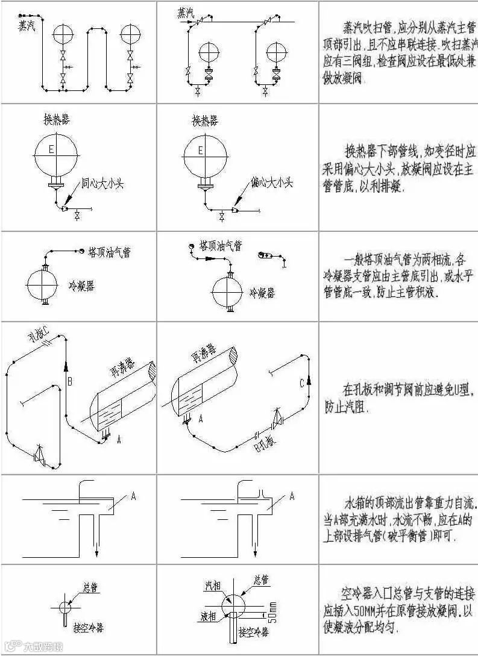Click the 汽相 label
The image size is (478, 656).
click(213, 584)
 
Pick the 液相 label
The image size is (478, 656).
click(209, 617)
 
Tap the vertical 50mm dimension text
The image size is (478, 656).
click(273, 611)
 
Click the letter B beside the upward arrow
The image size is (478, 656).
click(70, 381)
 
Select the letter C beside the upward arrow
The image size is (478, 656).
click(301, 383)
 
